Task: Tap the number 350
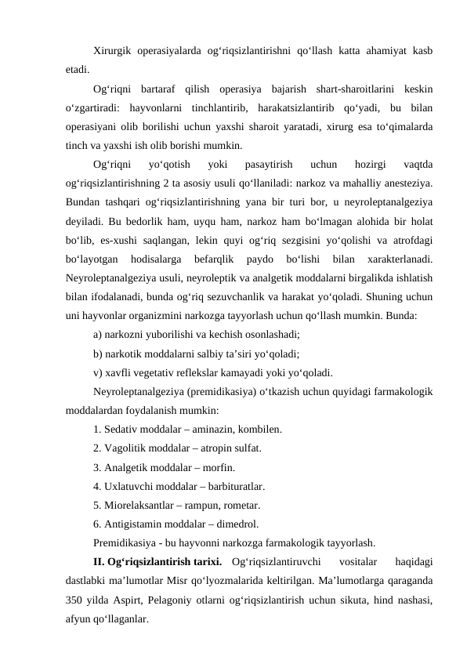76,600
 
